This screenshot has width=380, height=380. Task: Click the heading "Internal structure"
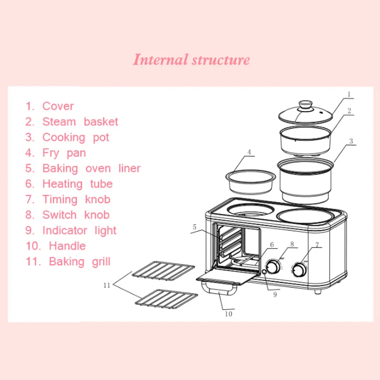[x=191, y=60]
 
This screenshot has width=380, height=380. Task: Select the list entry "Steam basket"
[x=72, y=122]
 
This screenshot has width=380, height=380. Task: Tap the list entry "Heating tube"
[x=69, y=184]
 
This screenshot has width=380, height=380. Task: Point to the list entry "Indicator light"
[x=71, y=230]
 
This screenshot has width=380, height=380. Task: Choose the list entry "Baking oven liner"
[x=83, y=168]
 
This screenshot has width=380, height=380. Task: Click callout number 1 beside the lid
[x=348, y=95]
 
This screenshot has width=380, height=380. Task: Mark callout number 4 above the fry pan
[x=248, y=152]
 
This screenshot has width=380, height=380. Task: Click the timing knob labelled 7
[x=299, y=270]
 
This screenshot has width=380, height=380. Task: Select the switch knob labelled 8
[x=274, y=267]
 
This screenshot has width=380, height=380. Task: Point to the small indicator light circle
[x=264, y=272]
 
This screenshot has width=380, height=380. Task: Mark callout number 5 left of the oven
[x=194, y=227]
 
